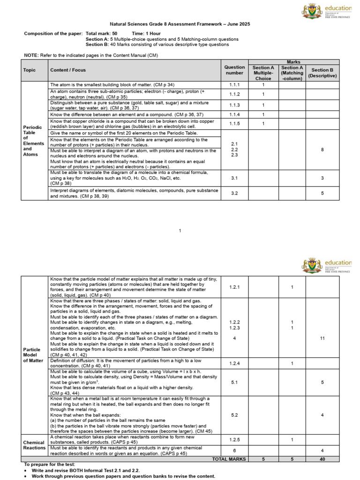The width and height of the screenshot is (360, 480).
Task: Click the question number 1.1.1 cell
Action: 234,85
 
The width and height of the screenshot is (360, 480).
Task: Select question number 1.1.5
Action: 234,124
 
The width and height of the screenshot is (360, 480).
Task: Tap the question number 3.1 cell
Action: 234,178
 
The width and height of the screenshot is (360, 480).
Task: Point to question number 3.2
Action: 234,193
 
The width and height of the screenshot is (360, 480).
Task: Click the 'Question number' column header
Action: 234,70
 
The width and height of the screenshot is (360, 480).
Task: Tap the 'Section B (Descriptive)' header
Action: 322,73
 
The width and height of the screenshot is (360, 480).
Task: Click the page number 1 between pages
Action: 180,231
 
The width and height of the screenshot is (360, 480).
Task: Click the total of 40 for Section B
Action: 322,459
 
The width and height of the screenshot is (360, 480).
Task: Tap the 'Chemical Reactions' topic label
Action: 34,444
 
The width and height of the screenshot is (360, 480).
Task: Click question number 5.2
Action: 234,415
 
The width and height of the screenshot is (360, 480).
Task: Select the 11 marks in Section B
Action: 322,338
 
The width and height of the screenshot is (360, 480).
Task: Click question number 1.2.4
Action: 234,363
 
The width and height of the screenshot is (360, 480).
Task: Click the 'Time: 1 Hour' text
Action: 146,34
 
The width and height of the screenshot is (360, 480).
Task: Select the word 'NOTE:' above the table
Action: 31,55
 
